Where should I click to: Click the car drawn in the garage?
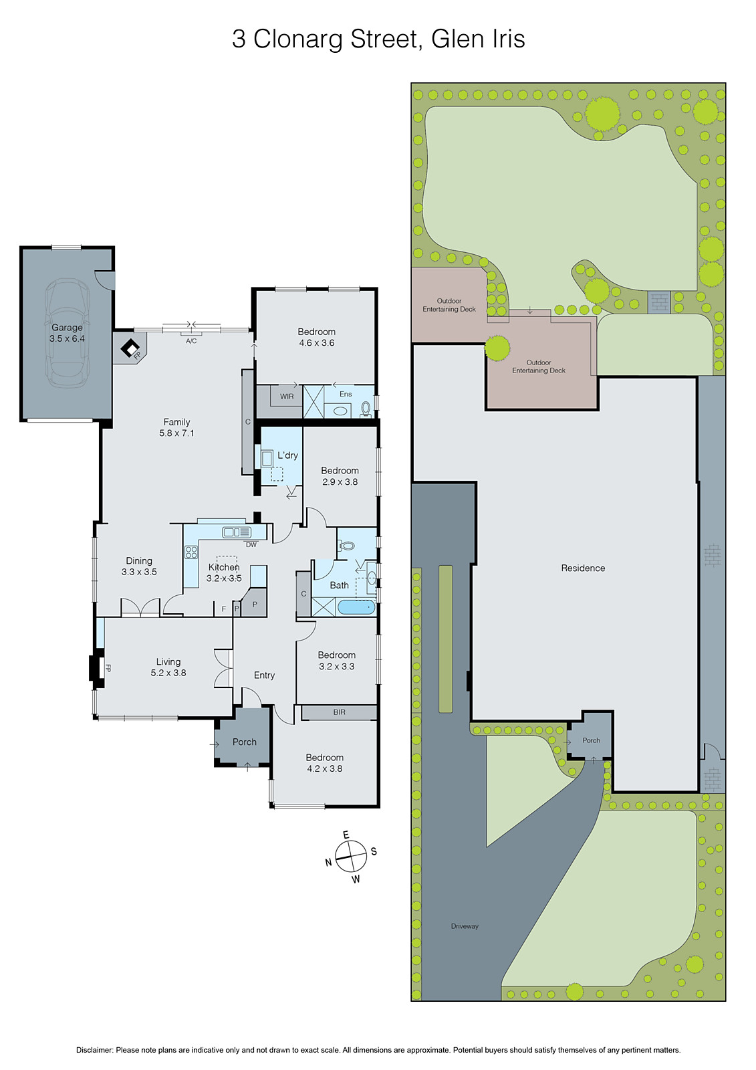coord(66,332)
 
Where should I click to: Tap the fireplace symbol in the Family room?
coord(130,348)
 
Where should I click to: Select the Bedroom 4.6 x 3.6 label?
coord(316,337)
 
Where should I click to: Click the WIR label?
coord(287,397)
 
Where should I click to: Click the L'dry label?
coord(287,455)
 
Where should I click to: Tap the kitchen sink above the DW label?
coord(237,532)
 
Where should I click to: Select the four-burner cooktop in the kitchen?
coord(191,552)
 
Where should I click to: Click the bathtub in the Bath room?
coord(356,607)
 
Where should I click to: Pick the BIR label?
coord(340,712)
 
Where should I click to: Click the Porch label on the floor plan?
coord(245,742)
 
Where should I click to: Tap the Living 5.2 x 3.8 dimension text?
coord(168,673)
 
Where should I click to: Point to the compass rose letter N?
coord(329,863)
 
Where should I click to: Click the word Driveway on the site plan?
coord(465,926)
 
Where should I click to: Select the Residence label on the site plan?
coord(583,568)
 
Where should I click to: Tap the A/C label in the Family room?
coord(191,341)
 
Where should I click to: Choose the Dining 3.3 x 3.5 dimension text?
coord(139,572)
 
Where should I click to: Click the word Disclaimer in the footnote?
coord(94,1050)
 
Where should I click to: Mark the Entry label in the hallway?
coord(264,675)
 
